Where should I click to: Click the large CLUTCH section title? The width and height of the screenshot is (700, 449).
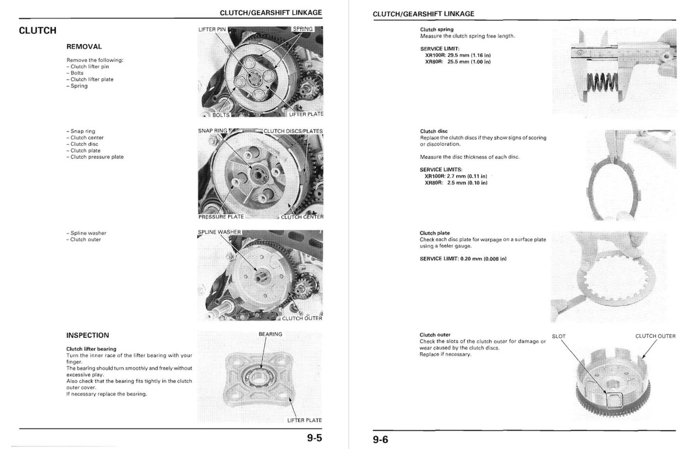coord(37,31)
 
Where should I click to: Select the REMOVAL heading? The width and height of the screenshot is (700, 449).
coord(84,47)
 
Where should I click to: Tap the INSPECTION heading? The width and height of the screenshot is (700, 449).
coord(87,335)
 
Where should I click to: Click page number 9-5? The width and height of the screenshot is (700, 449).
coord(314,438)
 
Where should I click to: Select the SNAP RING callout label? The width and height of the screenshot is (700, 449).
coord(212,131)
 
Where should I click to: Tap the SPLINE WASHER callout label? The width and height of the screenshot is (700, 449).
coord(219,232)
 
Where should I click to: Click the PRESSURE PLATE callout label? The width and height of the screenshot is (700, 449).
coord(221,217)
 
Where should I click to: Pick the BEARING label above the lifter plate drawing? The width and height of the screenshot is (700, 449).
coord(270,334)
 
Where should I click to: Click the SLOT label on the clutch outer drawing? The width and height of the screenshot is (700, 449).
coord(558,336)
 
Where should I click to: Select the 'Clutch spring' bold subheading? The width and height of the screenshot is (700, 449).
coord(436,29)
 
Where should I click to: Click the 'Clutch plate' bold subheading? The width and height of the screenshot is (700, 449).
coord(435,233)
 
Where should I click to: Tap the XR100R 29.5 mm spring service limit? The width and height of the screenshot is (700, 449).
coord(457,55)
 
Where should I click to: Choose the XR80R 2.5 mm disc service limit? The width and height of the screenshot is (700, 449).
coord(456,182)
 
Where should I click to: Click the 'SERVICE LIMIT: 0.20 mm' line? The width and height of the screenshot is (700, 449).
coord(463,258)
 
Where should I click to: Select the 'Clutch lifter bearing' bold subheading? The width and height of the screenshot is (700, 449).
coord(91,349)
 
